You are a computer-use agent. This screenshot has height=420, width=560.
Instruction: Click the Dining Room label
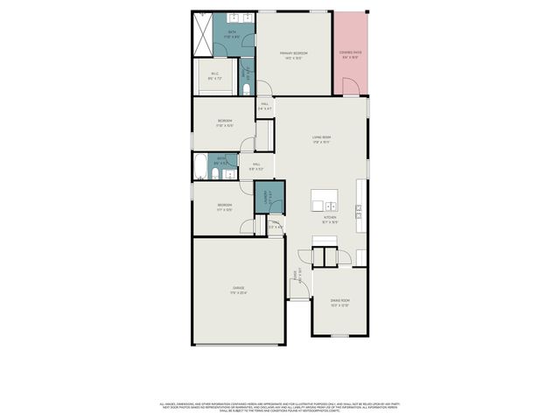click(x=339, y=304)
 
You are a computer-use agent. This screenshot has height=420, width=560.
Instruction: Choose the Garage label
click(x=238, y=290)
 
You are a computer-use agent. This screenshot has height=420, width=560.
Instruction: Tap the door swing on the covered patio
click(x=349, y=87)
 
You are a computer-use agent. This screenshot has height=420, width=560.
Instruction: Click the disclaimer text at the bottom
click(x=280, y=407)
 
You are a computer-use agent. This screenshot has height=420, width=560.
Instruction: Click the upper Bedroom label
click(x=225, y=122)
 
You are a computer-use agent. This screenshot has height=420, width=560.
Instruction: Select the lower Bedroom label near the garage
click(x=225, y=206)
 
